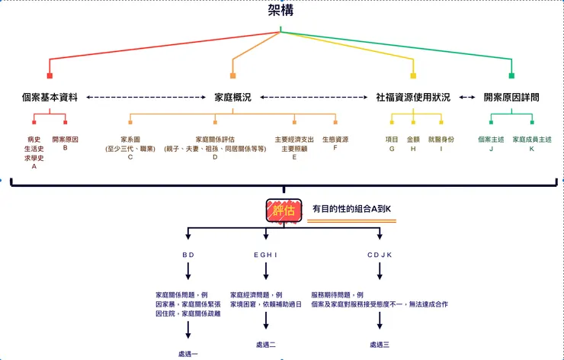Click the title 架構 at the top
coord(281,11)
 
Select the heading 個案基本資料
coord(50,98)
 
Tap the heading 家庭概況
coord(232,98)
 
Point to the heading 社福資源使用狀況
coord(413,98)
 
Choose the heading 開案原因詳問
coord(511,98)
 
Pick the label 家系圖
coord(130,140)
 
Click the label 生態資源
coord(335,140)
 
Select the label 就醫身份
coord(441,140)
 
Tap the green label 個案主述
coord(491,140)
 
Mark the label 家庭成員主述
coord(532,140)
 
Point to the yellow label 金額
coord(413,140)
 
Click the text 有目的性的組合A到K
coord(351,208)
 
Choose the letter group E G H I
coord(265,254)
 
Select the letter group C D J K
coord(379,254)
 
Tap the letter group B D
coord(188,254)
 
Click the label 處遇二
coord(265,345)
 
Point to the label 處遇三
coord(380,345)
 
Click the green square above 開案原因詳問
coord(511,76)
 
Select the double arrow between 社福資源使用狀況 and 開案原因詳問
coord(467,98)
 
